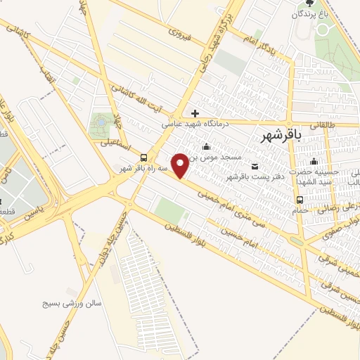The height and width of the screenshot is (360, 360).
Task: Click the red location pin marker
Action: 181,165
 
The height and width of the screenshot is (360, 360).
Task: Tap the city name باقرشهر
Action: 280,135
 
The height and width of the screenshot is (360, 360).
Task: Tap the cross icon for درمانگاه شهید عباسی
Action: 195,113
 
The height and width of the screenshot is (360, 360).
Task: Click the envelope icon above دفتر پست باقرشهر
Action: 255,166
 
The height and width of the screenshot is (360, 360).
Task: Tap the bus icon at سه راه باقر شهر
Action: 144,157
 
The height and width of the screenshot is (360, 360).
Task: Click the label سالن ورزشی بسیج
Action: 75,303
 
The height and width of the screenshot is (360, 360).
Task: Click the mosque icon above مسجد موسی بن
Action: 206,147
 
